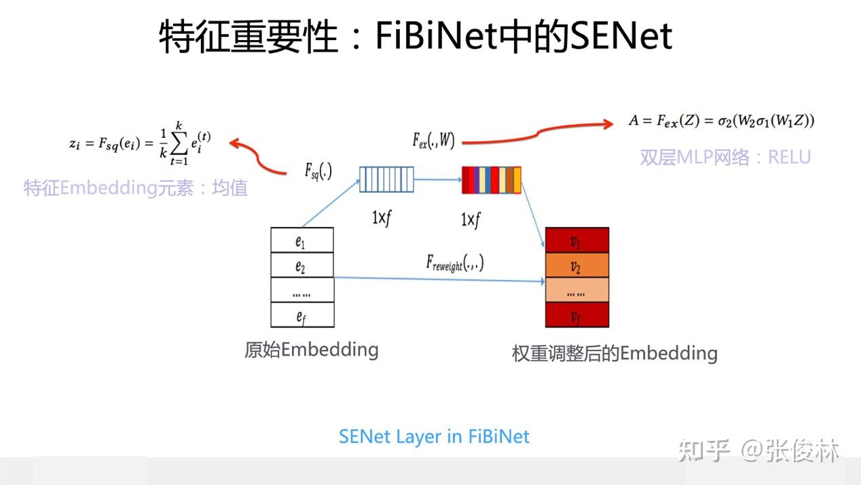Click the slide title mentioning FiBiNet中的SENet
click(416, 35)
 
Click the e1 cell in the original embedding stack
click(302, 240)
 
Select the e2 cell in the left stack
click(302, 266)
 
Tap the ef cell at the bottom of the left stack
click(302, 315)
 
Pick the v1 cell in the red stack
click(576, 240)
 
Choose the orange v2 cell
click(576, 266)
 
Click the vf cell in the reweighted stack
click(576, 315)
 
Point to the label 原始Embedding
click(311, 350)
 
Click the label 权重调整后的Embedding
click(614, 353)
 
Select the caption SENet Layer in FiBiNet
click(434, 436)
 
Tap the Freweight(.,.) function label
click(454, 262)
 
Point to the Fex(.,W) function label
click(433, 141)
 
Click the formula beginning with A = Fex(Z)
click(721, 122)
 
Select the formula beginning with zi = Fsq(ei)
click(140, 143)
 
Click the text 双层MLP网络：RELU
click(725, 158)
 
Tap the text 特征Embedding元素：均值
click(136, 187)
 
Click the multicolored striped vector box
click(492, 180)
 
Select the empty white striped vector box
click(386, 180)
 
